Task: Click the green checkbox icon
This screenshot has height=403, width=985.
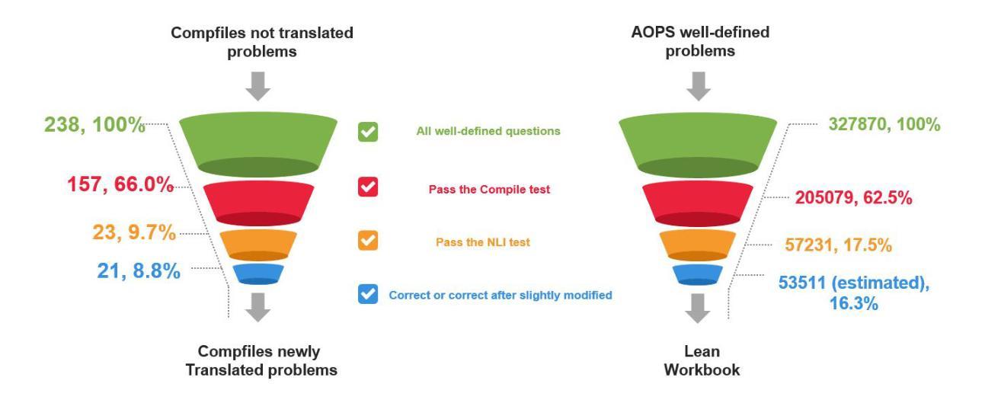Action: tap(368, 132)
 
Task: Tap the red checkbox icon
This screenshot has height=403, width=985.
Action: tap(368, 187)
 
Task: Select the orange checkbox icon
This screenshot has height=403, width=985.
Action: tap(368, 240)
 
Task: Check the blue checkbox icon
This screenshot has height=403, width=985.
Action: tap(368, 294)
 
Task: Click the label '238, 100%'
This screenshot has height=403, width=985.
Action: tap(94, 124)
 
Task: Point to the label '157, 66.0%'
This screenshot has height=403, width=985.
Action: tap(120, 184)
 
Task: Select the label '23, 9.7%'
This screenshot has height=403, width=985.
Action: tap(134, 232)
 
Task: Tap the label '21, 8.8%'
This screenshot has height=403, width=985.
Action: tap(139, 270)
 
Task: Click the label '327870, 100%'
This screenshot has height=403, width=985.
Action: tap(884, 124)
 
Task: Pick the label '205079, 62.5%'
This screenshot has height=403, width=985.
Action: tap(853, 197)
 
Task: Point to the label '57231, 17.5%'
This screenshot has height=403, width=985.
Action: tap(838, 245)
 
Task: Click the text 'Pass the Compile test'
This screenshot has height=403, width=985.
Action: tap(489, 189)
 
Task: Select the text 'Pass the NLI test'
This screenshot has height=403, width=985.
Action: tap(483, 242)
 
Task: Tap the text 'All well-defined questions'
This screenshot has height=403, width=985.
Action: tap(488, 131)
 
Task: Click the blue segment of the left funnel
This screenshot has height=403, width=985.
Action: tap(258, 274)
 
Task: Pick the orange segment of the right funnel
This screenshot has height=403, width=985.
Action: tap(697, 245)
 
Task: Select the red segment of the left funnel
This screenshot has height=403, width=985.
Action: tap(258, 203)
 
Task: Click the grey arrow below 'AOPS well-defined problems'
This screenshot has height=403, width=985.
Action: tap(699, 86)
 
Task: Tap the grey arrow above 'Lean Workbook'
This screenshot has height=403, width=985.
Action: tap(697, 309)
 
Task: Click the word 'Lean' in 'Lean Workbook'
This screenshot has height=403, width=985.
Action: tap(702, 351)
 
